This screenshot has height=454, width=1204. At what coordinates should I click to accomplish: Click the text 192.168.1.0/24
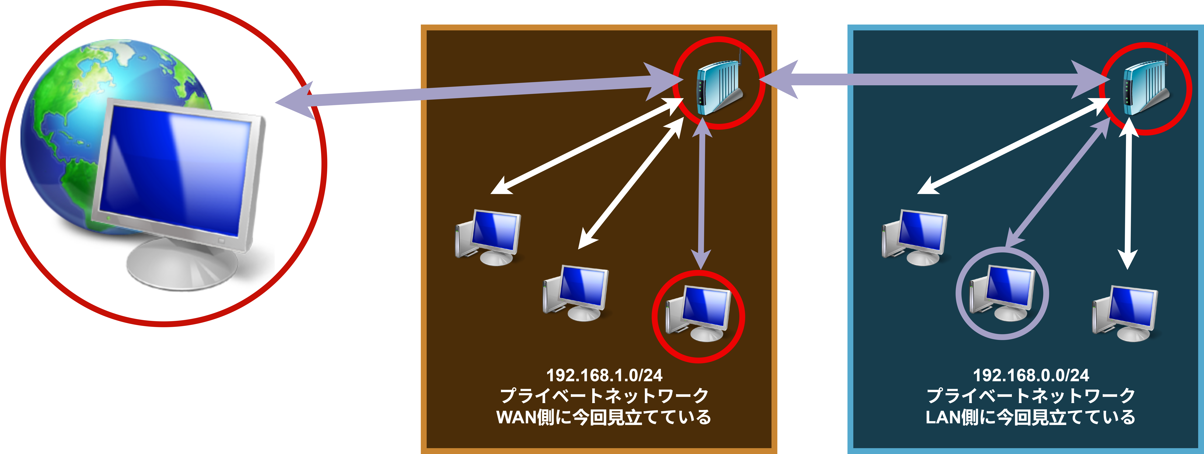(x=604, y=375)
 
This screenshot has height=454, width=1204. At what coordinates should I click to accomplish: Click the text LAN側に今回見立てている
(x=1031, y=417)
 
